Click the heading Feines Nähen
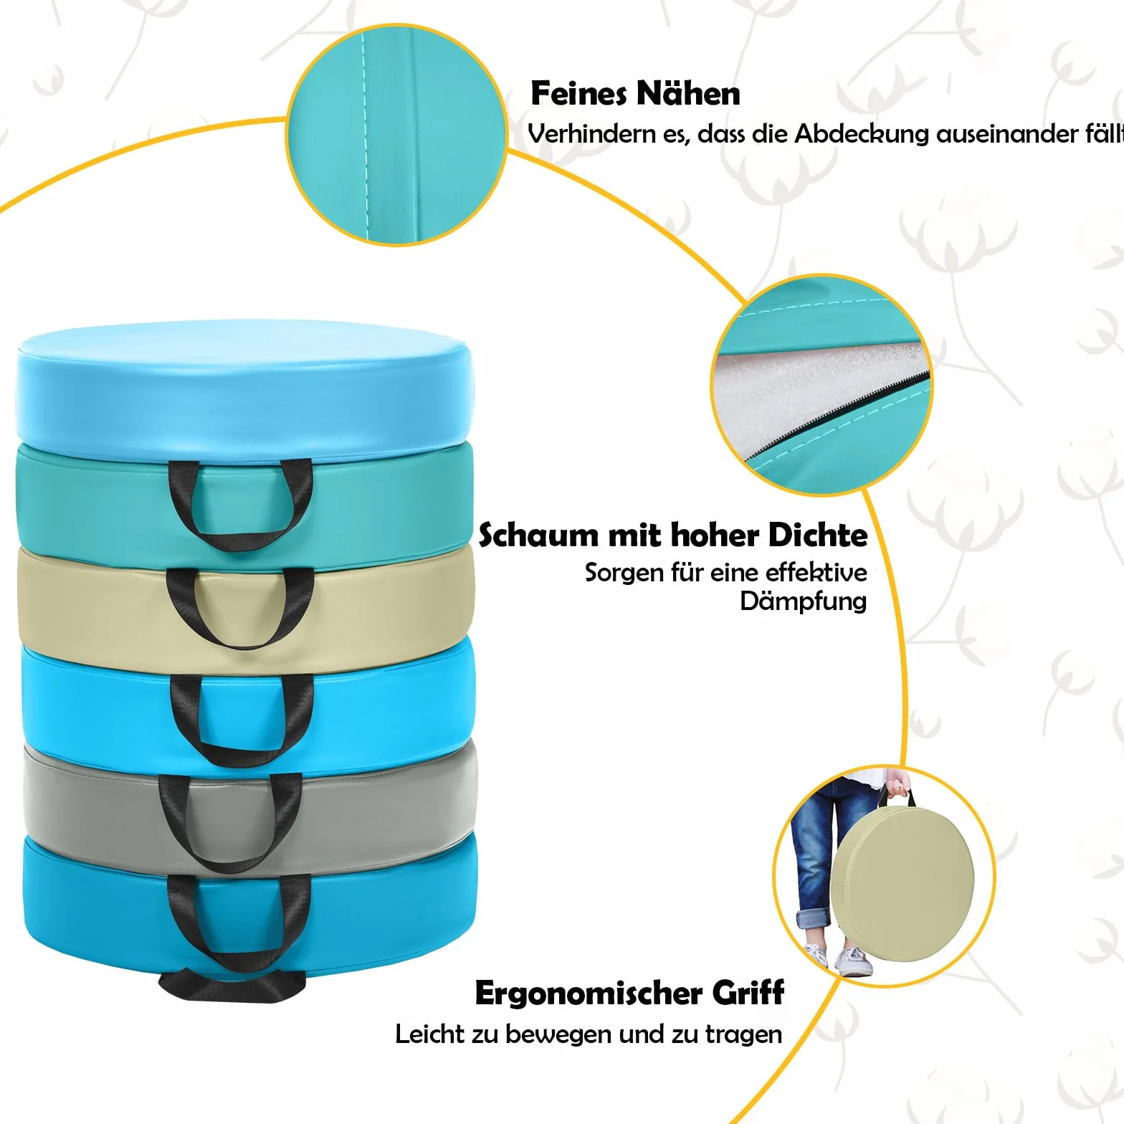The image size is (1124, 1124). (x=635, y=94)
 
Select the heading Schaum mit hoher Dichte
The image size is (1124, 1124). (x=673, y=535)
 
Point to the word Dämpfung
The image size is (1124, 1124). (x=804, y=601)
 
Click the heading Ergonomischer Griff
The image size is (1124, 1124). (x=629, y=994)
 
